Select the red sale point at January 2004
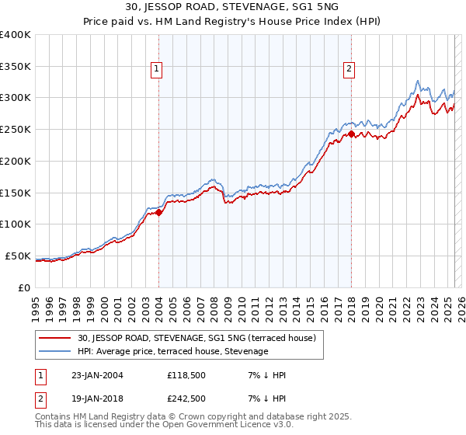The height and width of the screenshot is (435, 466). pyautogui.click(x=158, y=212)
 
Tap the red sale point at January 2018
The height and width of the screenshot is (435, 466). pyautogui.click(x=351, y=134)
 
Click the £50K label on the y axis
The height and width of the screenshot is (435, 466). pyautogui.click(x=19, y=256)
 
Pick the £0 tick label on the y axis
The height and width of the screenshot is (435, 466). pyautogui.click(x=25, y=288)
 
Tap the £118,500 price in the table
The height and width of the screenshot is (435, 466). pyautogui.click(x=186, y=375)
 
